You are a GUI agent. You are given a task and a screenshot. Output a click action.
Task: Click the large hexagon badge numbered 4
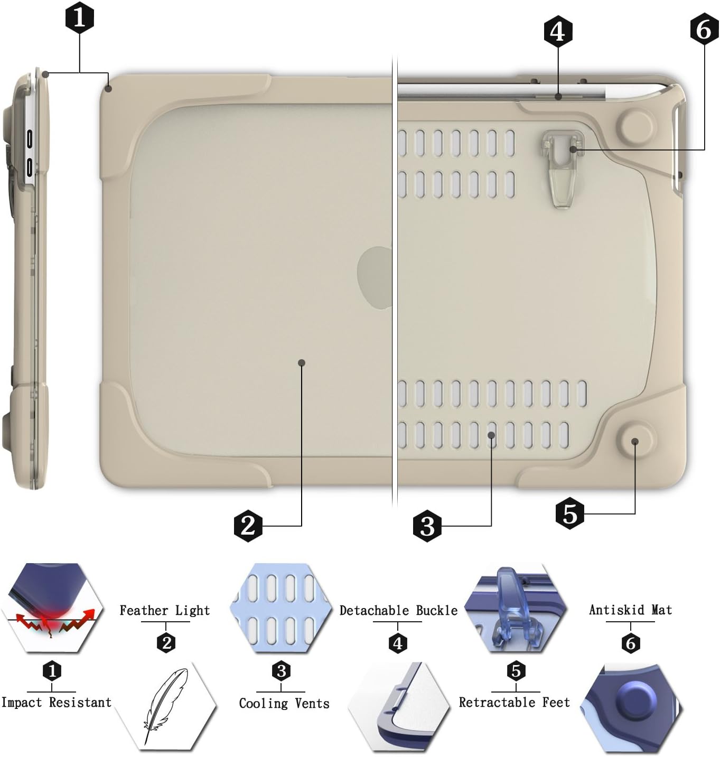pos(558,31)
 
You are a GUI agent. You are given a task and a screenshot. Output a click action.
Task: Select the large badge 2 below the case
pos(248,525)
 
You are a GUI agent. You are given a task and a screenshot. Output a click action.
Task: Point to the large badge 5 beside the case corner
pos(570,513)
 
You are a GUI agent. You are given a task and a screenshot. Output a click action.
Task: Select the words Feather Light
pos(165,611)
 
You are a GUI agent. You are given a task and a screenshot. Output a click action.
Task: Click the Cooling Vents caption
pos(284,703)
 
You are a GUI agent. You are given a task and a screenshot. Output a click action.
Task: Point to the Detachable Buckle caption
pos(398,611)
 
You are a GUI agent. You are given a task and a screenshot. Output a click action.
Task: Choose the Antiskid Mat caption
pos(630,610)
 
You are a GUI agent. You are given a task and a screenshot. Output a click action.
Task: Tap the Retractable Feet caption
pos(515,703)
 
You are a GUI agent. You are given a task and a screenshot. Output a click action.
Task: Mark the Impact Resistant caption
pos(57,703)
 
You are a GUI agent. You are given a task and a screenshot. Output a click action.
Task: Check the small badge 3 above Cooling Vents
pos(281,671)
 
